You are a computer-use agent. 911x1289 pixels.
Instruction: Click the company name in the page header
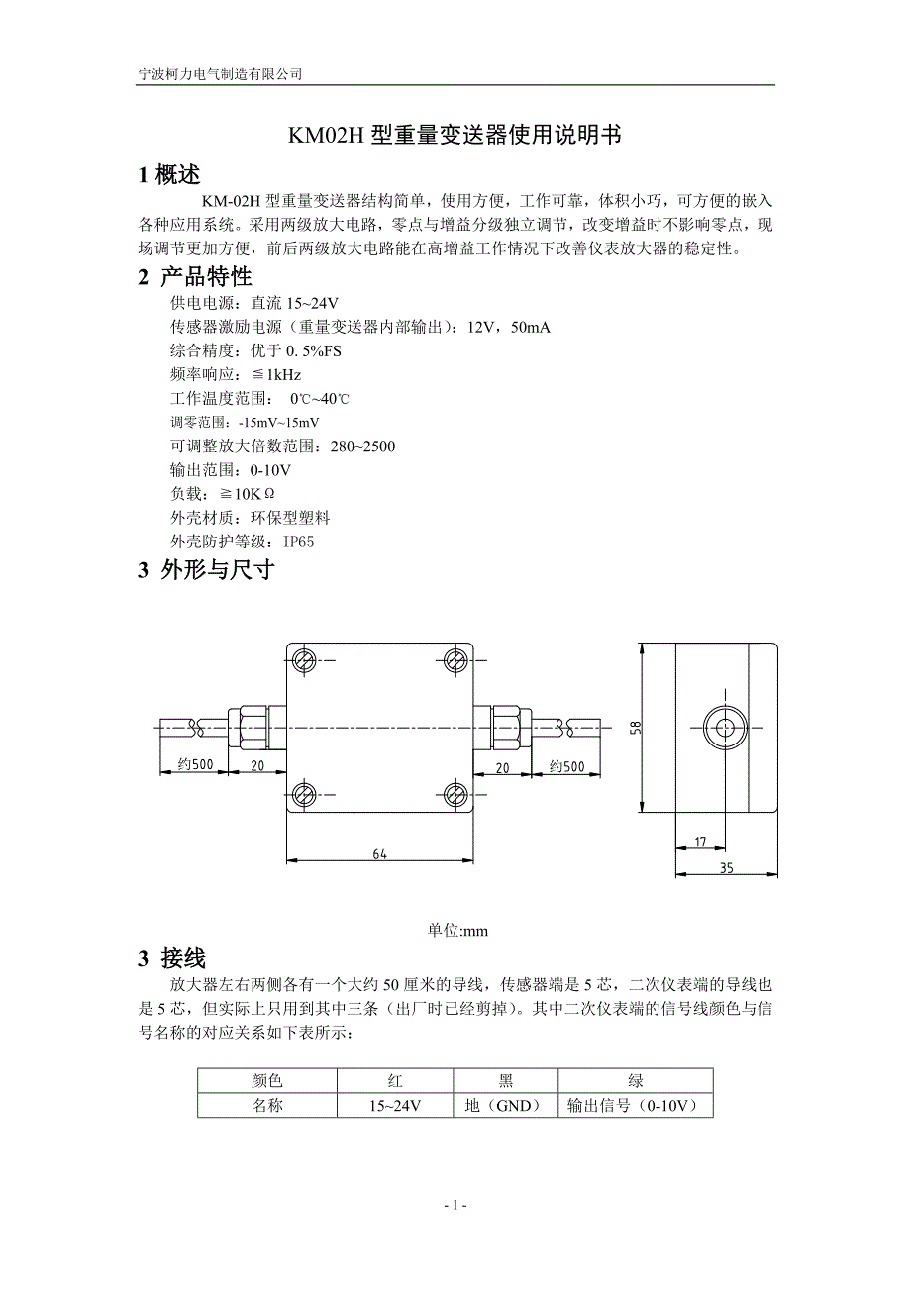pyautogui.click(x=219, y=74)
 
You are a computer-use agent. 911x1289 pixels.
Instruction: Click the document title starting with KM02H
pyautogui.click(x=455, y=136)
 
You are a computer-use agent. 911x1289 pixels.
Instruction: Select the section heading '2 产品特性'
pyautogui.click(x=195, y=276)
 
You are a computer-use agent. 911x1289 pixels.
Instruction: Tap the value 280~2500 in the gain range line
pyautogui.click(x=362, y=446)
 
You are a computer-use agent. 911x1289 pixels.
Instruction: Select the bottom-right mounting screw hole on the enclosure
pyautogui.click(x=456, y=792)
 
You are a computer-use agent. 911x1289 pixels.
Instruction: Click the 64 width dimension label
pyautogui.click(x=380, y=853)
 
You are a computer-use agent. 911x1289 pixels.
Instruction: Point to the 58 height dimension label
pyautogui.click(x=636, y=728)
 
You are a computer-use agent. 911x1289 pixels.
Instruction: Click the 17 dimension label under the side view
pyautogui.click(x=699, y=843)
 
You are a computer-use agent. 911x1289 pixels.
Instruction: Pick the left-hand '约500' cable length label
pyautogui.click(x=195, y=765)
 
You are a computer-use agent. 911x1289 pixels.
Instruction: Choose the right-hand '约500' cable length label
pyautogui.click(x=567, y=765)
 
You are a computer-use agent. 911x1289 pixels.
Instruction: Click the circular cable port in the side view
pyautogui.click(x=727, y=728)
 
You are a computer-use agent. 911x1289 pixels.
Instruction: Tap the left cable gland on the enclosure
pyautogui.click(x=250, y=728)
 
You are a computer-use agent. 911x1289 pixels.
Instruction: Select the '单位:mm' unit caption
pyautogui.click(x=457, y=931)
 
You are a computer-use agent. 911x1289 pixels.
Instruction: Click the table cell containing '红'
pyautogui.click(x=395, y=1080)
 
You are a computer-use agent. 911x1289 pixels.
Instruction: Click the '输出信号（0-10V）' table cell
pyautogui.click(x=635, y=1105)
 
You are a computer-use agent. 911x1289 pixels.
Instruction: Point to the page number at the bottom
pyautogui.click(x=455, y=1205)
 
